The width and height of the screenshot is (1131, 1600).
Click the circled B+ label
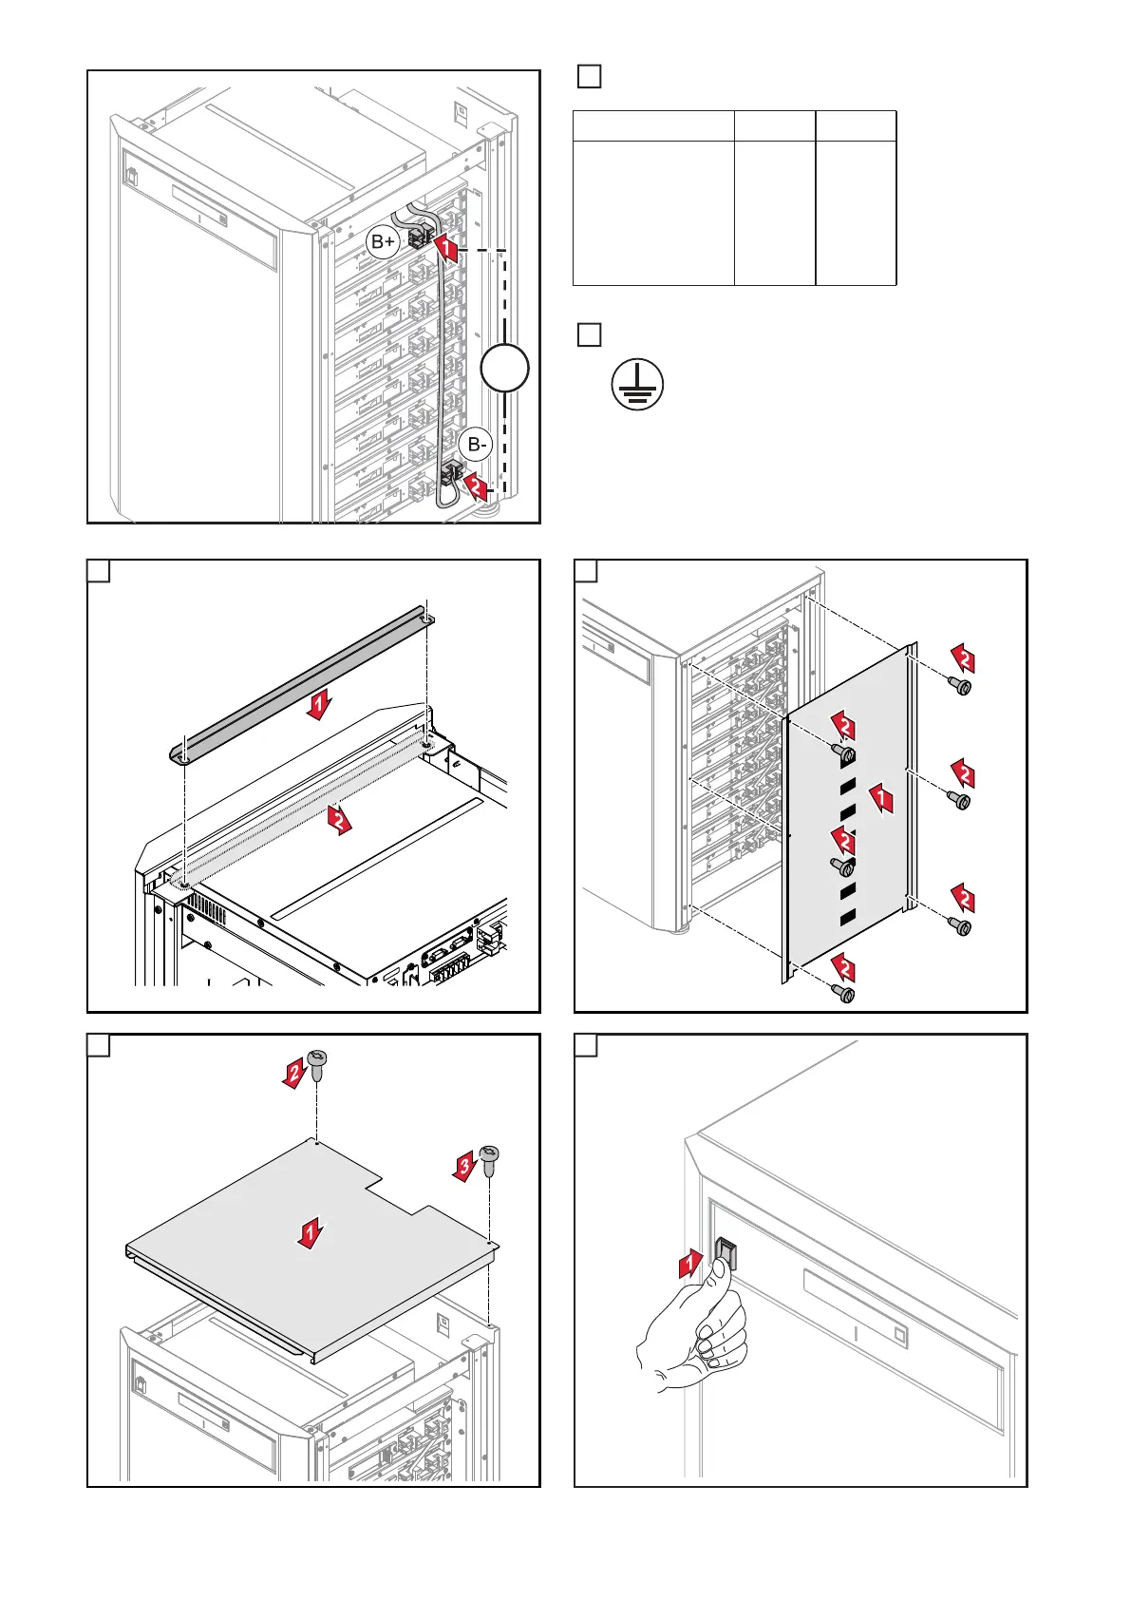(x=383, y=242)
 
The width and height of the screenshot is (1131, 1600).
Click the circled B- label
(x=476, y=445)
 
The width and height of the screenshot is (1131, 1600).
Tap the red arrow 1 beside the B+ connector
(x=446, y=249)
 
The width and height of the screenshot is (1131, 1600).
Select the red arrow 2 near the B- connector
(x=478, y=487)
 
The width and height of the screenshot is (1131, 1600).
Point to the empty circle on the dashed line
(x=504, y=368)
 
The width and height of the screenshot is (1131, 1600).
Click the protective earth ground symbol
(x=637, y=385)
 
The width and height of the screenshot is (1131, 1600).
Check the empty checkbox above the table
(x=589, y=77)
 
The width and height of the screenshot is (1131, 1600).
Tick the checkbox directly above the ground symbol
(x=589, y=334)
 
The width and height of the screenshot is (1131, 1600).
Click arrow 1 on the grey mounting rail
(x=320, y=705)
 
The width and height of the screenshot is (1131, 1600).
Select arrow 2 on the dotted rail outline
(x=340, y=819)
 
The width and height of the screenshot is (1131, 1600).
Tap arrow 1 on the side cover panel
(x=883, y=798)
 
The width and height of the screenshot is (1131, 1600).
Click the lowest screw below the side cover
(x=843, y=993)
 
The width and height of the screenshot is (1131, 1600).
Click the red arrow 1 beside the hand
(x=690, y=1265)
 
